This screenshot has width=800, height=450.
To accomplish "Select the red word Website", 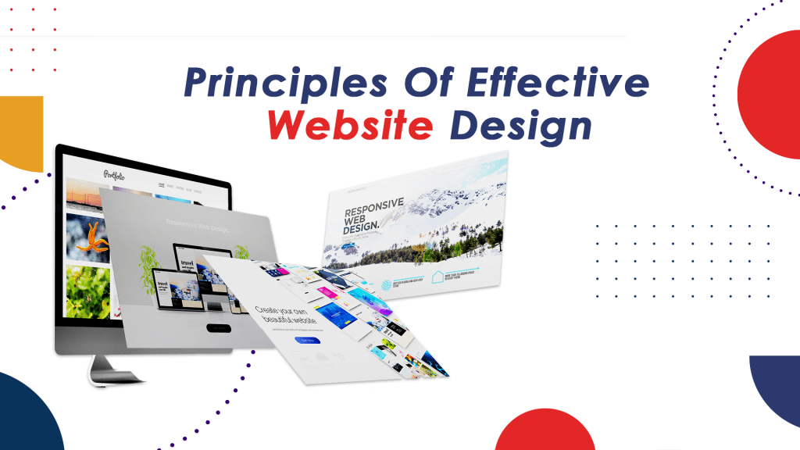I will click(x=348, y=125).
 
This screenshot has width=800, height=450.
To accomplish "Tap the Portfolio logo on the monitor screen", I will click(x=116, y=173).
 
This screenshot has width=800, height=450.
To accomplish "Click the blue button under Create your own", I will click(x=307, y=341).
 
